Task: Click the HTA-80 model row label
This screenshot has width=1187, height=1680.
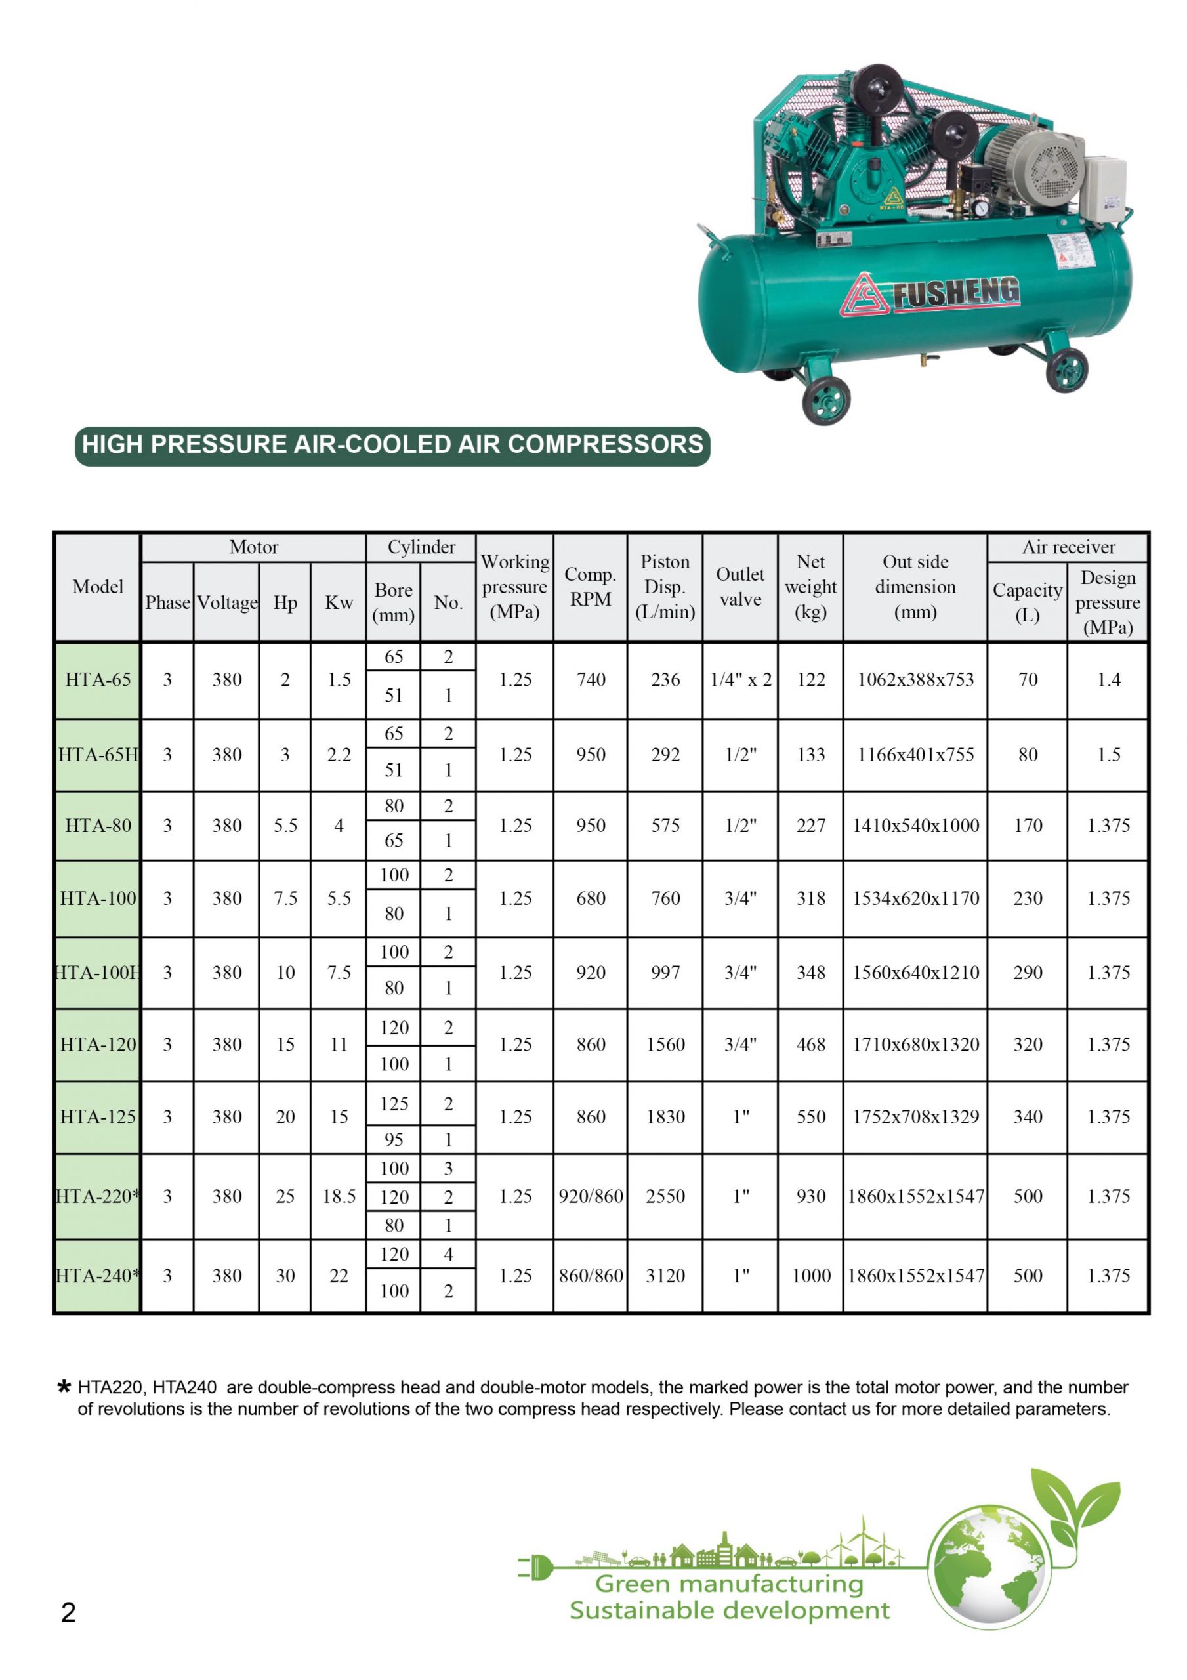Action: (97, 826)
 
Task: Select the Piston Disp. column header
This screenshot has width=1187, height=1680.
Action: (665, 587)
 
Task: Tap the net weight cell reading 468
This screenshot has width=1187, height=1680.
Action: (810, 1044)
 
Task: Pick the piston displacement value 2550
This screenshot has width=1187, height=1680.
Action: (665, 1196)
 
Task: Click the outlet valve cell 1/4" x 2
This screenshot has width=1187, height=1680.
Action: (740, 680)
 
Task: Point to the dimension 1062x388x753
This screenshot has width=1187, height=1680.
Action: (915, 680)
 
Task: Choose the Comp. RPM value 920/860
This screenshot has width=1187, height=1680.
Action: (590, 1196)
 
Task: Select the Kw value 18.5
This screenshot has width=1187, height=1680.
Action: (338, 1196)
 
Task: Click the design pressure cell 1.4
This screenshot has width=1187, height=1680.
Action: (1108, 680)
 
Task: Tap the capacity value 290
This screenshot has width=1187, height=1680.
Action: (1027, 973)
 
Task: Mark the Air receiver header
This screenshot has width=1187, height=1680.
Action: (1068, 547)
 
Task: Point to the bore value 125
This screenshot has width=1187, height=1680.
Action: (393, 1103)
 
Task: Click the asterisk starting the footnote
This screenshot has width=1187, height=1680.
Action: (64, 1386)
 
